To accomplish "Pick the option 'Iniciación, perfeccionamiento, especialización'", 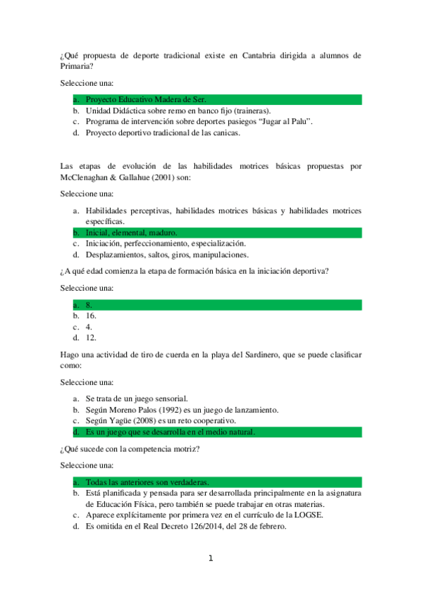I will click(165, 243).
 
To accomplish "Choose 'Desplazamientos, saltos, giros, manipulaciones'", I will click(166, 254).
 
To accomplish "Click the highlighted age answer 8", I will click(89, 305).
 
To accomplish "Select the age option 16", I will click(91, 316).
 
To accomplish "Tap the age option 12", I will click(91, 337).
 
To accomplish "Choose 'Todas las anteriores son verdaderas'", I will click(147, 482).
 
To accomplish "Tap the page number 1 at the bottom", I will click(210, 559).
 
